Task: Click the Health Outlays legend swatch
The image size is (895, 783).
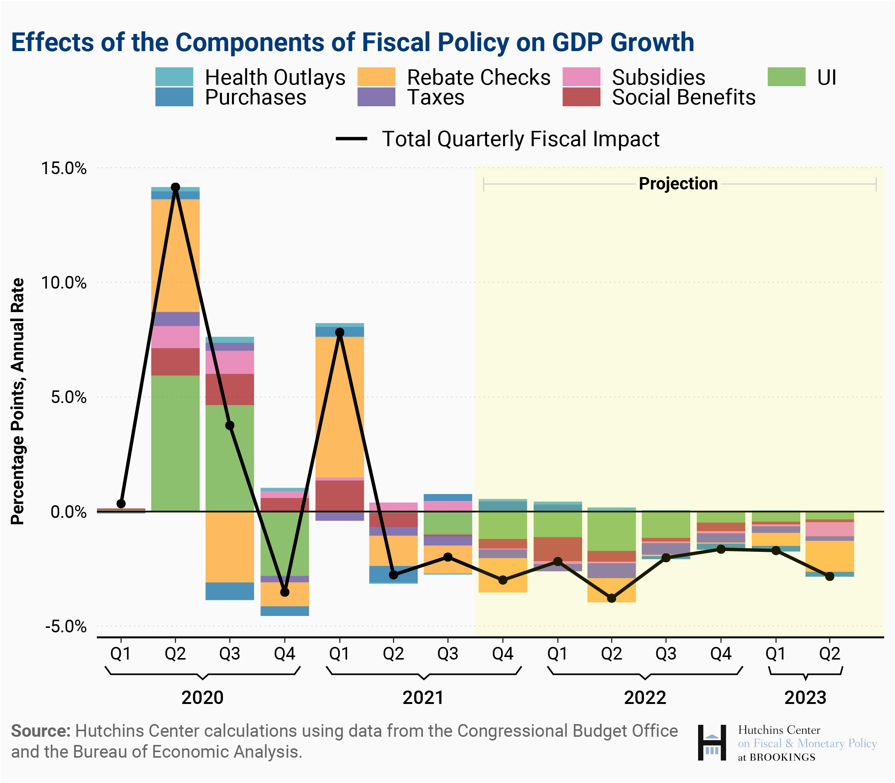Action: click(x=174, y=77)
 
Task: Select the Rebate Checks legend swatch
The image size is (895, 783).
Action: click(x=376, y=77)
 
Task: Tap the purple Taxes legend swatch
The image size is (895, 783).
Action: click(x=376, y=97)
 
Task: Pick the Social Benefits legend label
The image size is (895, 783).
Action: click(x=684, y=97)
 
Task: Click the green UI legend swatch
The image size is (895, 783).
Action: click(x=786, y=77)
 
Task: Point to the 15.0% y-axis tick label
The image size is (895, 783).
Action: click(x=64, y=168)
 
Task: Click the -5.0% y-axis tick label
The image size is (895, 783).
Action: click(x=66, y=626)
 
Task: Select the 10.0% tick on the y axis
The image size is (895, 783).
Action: click(x=64, y=283)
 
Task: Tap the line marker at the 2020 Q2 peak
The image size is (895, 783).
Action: click(x=175, y=188)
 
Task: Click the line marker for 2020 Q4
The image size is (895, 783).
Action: click(x=285, y=592)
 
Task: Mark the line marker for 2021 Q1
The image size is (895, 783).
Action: click(x=340, y=333)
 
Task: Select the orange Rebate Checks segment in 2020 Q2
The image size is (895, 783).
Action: click(x=175, y=256)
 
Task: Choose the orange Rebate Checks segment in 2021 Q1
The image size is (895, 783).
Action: click(x=340, y=407)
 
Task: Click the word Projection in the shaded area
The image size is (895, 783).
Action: click(x=678, y=184)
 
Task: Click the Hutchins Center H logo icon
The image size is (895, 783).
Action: click(x=712, y=742)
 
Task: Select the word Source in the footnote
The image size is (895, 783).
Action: click(x=40, y=731)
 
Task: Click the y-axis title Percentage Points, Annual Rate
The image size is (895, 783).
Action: click(x=18, y=401)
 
